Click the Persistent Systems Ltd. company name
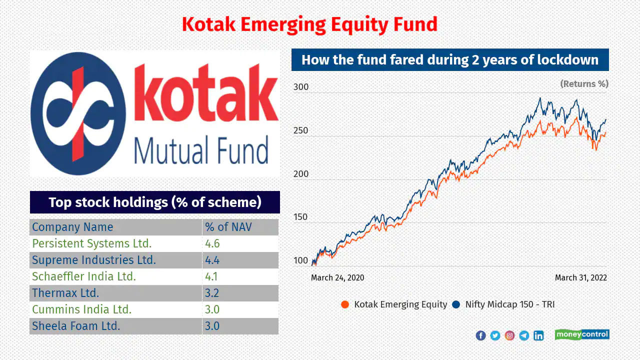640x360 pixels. [91, 243]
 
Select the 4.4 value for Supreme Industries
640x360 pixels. [212, 260]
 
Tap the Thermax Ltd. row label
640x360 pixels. [65, 293]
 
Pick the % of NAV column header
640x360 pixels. [228, 227]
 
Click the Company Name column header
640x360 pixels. [72, 227]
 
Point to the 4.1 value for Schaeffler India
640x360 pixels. [211, 276]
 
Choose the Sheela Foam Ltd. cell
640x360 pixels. [76, 326]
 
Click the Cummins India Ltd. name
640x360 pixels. [81, 309]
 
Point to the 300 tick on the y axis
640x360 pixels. [301, 87]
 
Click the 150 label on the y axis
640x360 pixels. [300, 217]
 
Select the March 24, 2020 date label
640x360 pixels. [337, 277]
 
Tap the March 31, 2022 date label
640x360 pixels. [581, 277]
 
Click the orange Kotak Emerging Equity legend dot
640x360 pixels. [345, 304]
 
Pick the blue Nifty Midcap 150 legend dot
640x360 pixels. [456, 304]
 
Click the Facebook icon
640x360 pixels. [481, 335]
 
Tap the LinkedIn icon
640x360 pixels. [538, 335]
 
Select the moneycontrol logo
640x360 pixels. [582, 334]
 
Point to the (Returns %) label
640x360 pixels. [584, 83]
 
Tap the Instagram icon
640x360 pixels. [509, 335]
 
